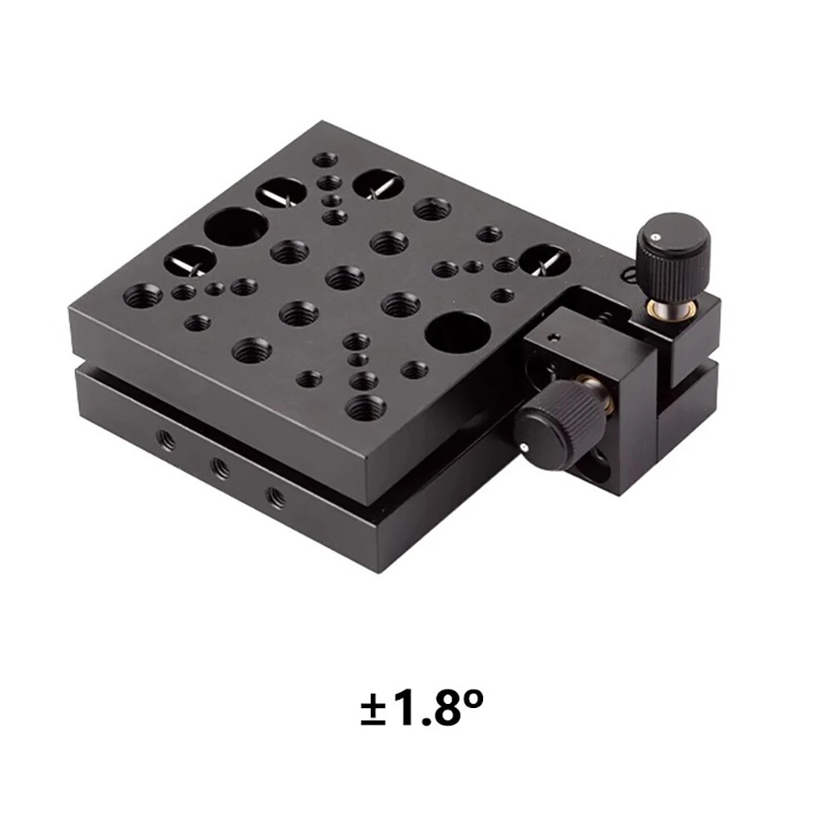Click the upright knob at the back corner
pos(673,256)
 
